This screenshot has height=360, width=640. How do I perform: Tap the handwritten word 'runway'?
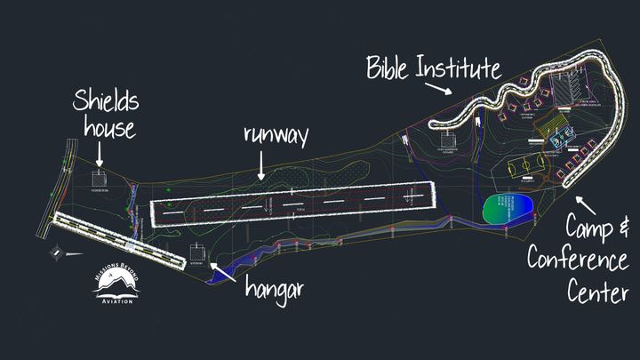point(276,136)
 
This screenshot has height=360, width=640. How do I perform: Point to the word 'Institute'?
point(463,68)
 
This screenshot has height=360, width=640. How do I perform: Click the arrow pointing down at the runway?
point(261,166)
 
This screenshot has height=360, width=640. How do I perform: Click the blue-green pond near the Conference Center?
point(508,212)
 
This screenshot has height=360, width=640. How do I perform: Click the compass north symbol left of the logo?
point(58,252)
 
